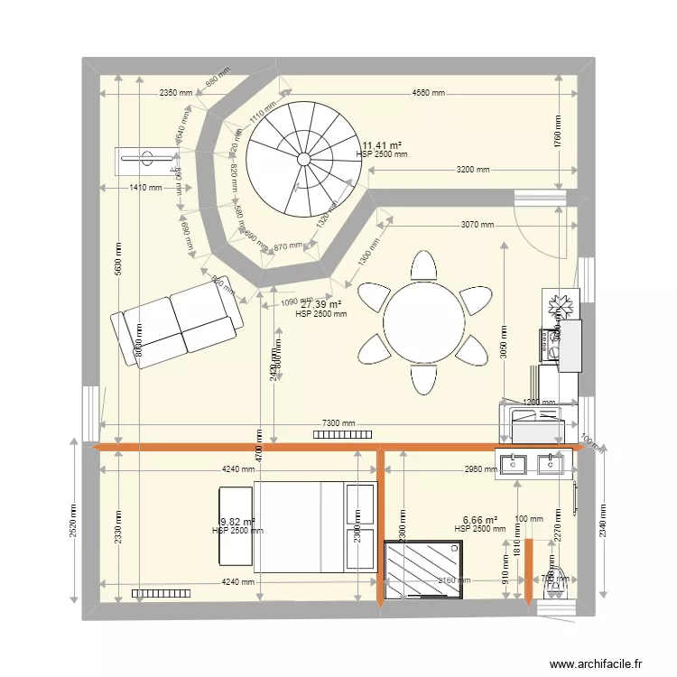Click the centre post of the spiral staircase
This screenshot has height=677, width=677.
tap(304, 159)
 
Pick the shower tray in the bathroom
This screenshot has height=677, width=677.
tap(424, 569)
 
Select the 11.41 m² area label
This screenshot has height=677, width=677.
tap(382, 144)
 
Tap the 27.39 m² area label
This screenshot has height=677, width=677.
tap(320, 304)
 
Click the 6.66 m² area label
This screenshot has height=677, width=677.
tap(480, 520)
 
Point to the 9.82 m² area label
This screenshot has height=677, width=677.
tap(237, 521)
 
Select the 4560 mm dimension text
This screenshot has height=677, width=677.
tap(428, 93)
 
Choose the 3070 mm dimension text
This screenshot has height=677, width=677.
tap(476, 225)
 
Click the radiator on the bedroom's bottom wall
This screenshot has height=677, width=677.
tap(157, 593)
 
